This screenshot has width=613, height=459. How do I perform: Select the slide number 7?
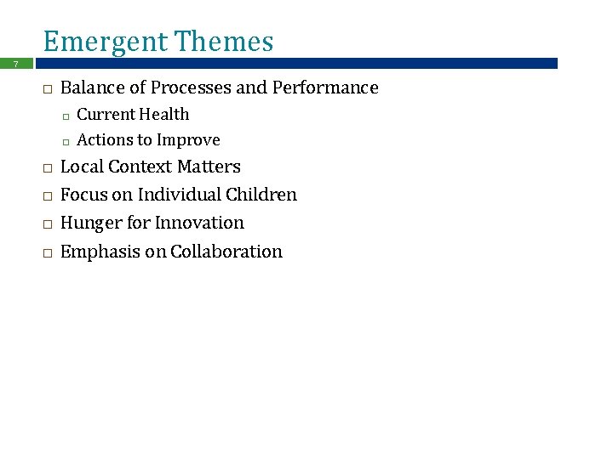pyautogui.click(x=15, y=64)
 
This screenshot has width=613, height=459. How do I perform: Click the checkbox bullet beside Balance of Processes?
pyautogui.click(x=47, y=89)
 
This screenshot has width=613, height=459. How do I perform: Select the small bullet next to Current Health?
pyautogui.click(x=65, y=116)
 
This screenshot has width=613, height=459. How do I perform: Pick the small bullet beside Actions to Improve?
pyautogui.click(x=65, y=141)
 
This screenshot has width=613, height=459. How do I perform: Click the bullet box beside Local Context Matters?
pyautogui.click(x=47, y=168)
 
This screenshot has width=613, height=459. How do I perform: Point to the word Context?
pyautogui.click(x=142, y=167)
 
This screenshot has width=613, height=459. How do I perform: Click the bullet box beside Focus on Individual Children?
pyautogui.click(x=47, y=196)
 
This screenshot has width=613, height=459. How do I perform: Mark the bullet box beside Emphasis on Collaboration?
pyautogui.click(x=47, y=253)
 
